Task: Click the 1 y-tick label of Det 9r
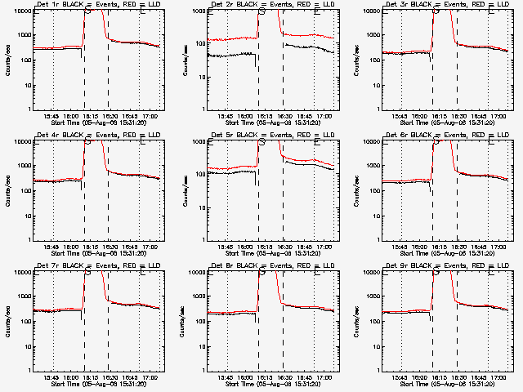click(378, 371)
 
